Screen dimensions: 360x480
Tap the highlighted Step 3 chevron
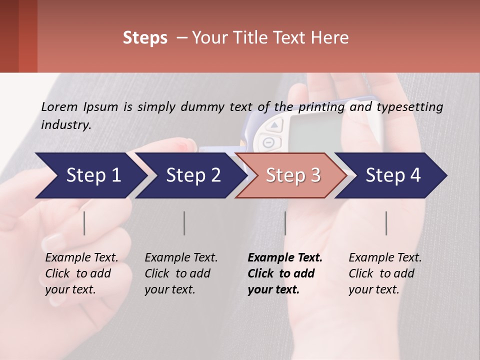coord(293,175)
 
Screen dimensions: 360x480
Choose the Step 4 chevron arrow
coord(393,175)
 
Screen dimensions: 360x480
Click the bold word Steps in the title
coord(145,37)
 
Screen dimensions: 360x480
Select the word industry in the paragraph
coord(65,124)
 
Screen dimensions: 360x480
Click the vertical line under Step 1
coord(84,223)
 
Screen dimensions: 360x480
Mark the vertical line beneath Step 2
coord(184,223)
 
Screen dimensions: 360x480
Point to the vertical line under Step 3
coord(285,223)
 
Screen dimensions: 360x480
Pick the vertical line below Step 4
coord(386,223)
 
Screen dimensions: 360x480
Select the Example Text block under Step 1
coord(81,273)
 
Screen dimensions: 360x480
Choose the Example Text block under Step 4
coord(385,273)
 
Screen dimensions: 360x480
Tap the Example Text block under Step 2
coord(181,273)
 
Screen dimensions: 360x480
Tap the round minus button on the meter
coord(268,142)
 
